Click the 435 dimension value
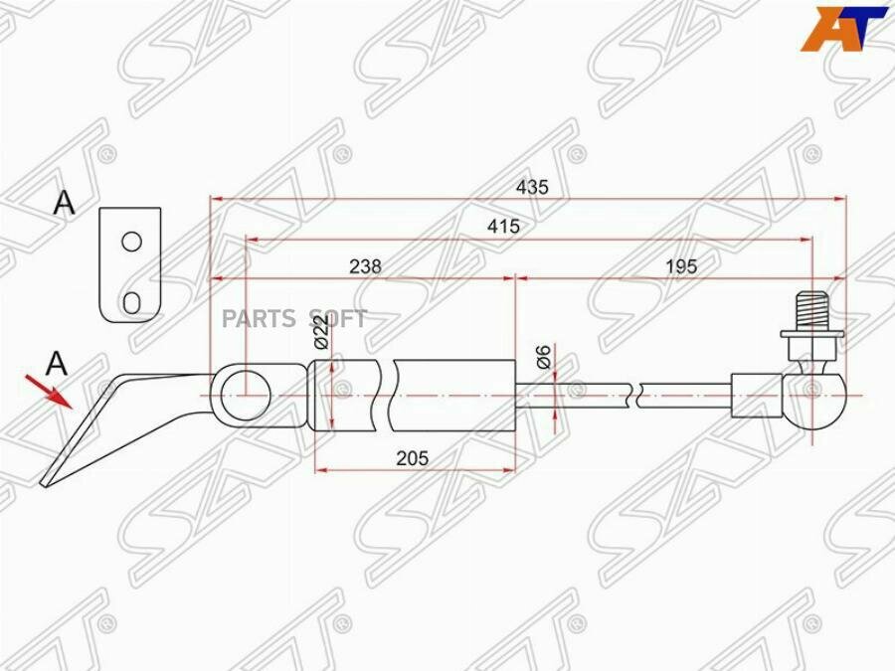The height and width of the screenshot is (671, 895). [x=532, y=187]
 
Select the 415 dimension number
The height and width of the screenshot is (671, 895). [x=503, y=227]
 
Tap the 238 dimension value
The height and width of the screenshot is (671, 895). [x=365, y=265]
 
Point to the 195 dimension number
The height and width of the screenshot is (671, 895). [x=681, y=265]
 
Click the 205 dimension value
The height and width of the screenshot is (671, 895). [x=412, y=457]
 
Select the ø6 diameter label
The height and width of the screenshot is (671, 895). [x=543, y=357]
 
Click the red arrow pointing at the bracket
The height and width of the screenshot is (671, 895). [x=49, y=392]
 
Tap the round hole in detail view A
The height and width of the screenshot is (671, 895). [x=132, y=242]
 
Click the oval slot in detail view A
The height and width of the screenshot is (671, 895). [x=132, y=303]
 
